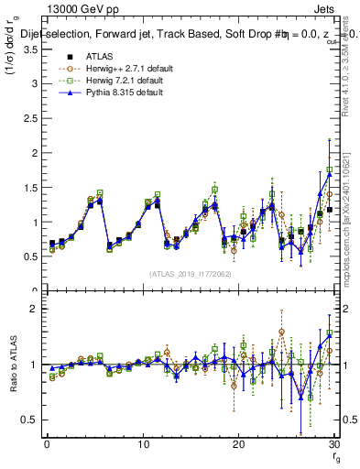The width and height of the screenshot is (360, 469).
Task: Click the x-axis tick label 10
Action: [x=142, y=444]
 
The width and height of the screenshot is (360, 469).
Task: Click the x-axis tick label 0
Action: [x=47, y=444]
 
